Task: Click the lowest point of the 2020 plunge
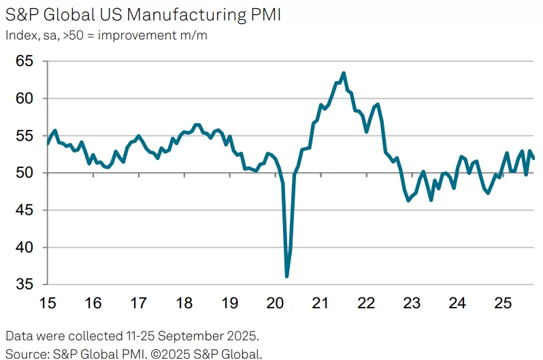(x=286, y=276)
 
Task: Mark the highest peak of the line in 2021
(x=344, y=73)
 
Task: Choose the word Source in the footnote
(x=24, y=353)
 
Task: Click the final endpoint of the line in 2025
(x=533, y=159)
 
